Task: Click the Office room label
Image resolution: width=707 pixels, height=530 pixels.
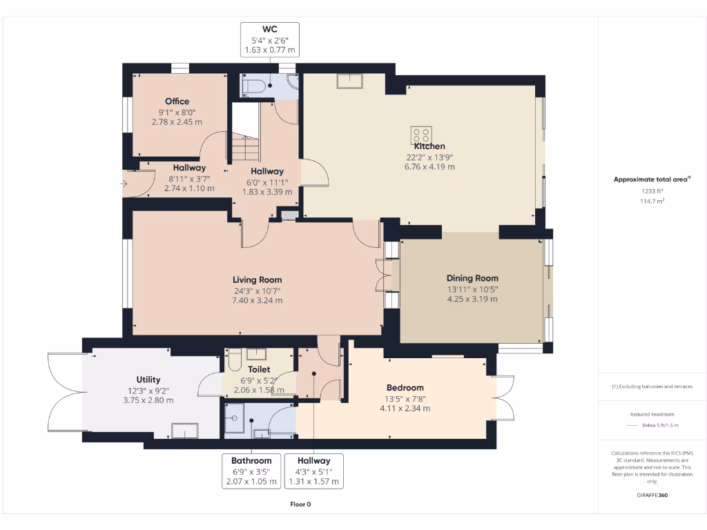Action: pos(177,101)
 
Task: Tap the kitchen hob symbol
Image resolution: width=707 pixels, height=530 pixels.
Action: pos(421,135)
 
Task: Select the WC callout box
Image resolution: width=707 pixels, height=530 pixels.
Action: pos(270,39)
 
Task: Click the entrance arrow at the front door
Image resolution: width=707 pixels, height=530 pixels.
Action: pos(124,184)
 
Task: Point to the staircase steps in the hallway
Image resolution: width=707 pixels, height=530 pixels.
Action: pos(246,149)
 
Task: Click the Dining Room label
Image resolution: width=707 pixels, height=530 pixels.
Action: pos(472,278)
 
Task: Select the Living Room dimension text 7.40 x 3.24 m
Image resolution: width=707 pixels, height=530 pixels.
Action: pos(258,301)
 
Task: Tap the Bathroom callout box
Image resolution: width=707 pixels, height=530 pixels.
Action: pos(251,471)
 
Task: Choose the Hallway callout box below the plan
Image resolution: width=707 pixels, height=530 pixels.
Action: pos(314,471)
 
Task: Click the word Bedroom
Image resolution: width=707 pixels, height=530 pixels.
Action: pos(405,388)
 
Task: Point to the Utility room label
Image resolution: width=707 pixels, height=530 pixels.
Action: pos(148,380)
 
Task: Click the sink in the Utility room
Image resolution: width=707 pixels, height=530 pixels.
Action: pos(184,431)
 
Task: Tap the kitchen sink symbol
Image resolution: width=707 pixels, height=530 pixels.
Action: pos(349,81)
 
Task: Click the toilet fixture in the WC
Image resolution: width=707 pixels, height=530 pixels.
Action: pos(253,86)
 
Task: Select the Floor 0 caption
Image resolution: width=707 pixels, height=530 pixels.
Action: pos(300,504)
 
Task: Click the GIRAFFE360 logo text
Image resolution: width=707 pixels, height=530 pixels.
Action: pos(652,495)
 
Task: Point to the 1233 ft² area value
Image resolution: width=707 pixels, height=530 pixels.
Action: pos(652,191)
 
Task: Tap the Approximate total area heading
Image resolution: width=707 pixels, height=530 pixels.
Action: pos(652,179)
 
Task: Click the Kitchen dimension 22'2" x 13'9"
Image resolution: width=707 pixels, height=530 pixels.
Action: pos(429,157)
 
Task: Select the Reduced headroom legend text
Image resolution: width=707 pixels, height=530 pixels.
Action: pos(652,414)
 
